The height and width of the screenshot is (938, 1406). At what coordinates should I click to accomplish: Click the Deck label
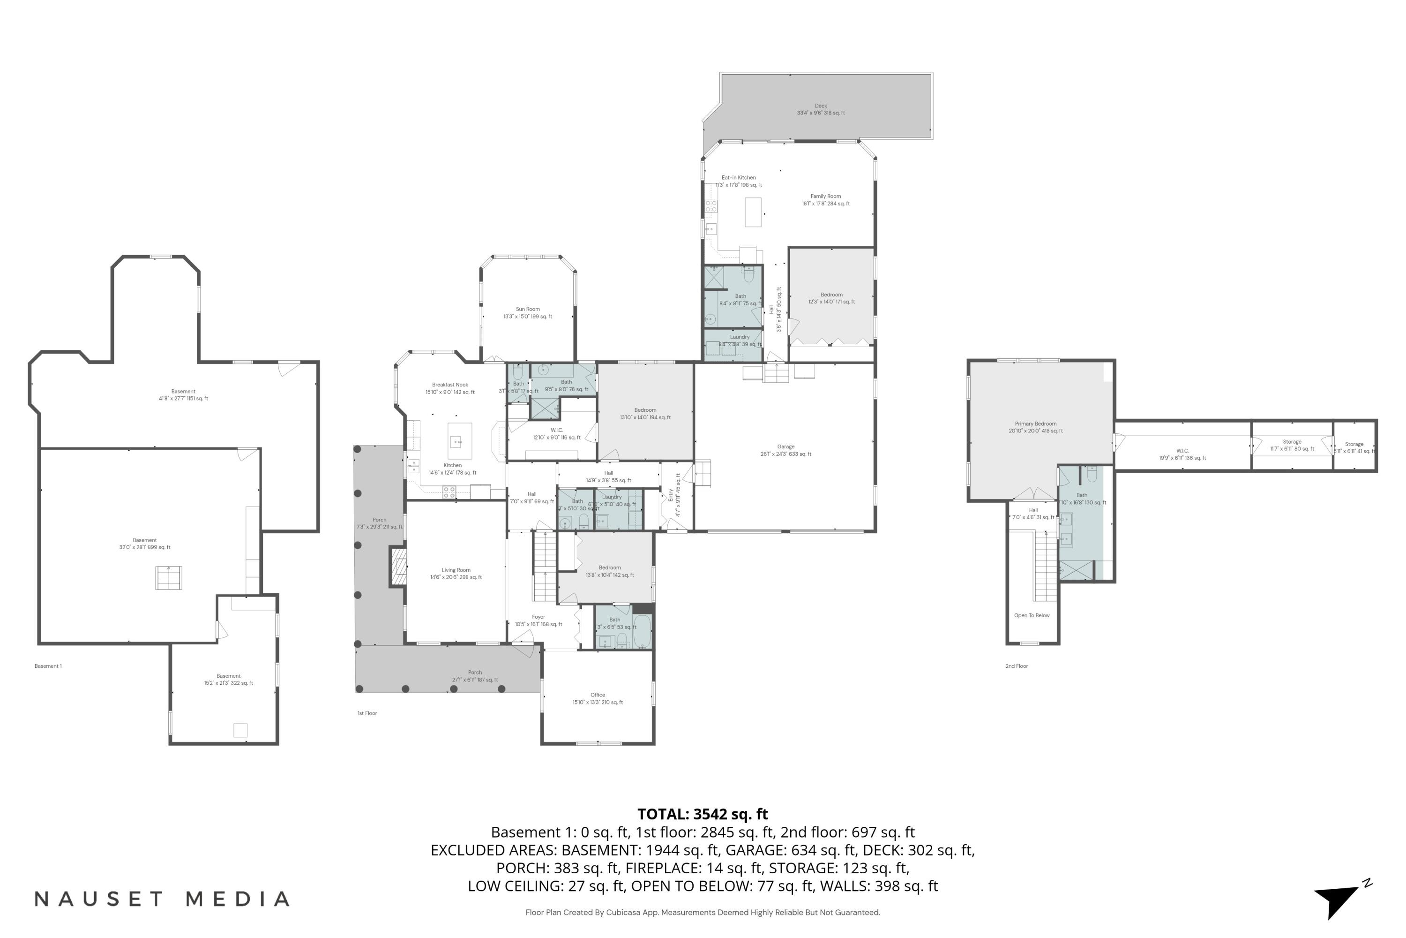[x=820, y=106]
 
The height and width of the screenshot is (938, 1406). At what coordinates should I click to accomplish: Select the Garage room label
[x=785, y=447]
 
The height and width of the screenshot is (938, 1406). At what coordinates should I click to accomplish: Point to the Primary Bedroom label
[x=1035, y=424]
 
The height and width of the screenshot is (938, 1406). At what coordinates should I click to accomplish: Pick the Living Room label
[x=456, y=571]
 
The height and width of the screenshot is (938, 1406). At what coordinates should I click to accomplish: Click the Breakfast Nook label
[x=449, y=385]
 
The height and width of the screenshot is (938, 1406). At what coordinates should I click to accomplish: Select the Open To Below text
[x=1032, y=615]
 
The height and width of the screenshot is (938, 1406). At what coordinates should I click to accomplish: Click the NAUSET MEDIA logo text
[x=161, y=899]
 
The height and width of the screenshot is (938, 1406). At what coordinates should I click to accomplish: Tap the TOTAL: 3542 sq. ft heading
[x=703, y=814]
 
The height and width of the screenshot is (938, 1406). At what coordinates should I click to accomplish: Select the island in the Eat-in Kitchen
[x=753, y=212]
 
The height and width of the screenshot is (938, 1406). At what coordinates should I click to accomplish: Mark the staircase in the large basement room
[x=169, y=578]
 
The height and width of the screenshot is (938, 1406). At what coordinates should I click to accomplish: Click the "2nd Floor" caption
[x=1016, y=666]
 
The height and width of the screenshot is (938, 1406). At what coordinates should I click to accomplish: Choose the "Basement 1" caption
[x=48, y=666]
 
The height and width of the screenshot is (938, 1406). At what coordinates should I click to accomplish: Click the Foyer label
[x=538, y=617]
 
